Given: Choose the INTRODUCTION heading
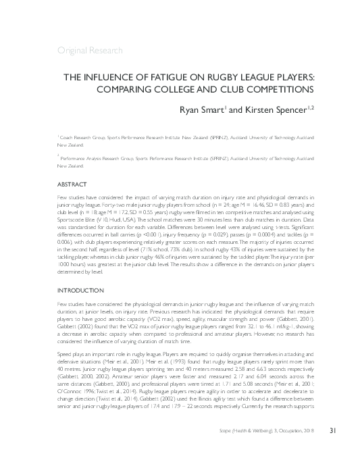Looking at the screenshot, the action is pyautogui.click(x=82, y=290).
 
